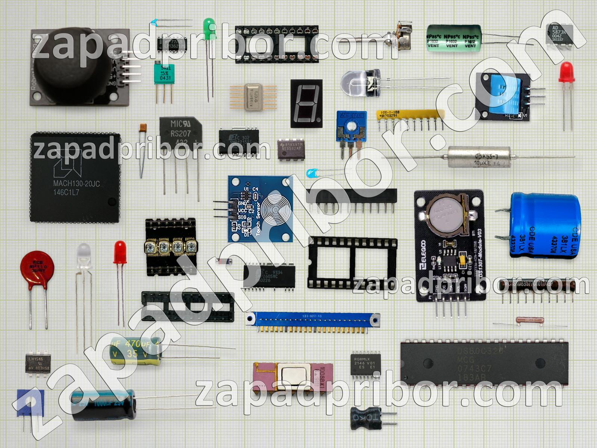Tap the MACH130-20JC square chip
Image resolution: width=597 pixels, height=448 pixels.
coord(75,177)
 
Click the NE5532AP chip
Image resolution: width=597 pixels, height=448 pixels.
coord(291,150)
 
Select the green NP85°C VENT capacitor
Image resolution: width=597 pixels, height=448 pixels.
coord(453,38)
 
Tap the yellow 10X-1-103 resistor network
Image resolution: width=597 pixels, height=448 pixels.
coord(410,115)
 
